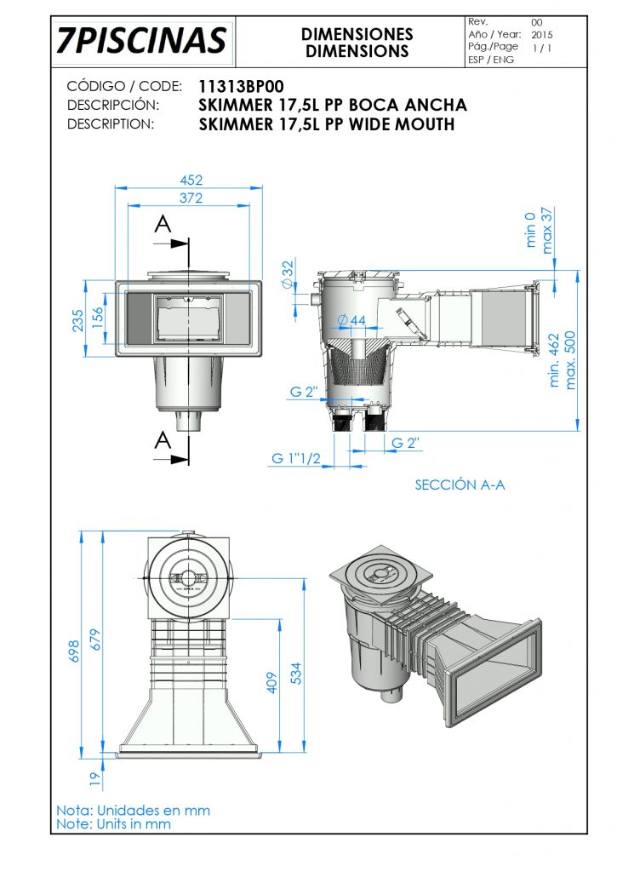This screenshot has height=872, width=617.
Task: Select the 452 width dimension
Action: click(x=191, y=180)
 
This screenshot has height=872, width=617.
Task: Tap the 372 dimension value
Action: click(x=191, y=198)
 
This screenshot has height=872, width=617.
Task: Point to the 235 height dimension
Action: click(x=78, y=321)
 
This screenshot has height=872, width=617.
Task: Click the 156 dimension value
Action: click(x=99, y=317)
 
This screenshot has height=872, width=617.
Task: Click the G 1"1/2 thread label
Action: click(x=296, y=459)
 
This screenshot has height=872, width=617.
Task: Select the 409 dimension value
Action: click(x=272, y=683)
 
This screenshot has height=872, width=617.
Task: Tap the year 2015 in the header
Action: click(x=542, y=35)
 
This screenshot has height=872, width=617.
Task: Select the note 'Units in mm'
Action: click(x=113, y=823)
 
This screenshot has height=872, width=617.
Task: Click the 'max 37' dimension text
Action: click(x=547, y=227)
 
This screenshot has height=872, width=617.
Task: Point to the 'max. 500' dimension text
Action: click(x=571, y=360)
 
